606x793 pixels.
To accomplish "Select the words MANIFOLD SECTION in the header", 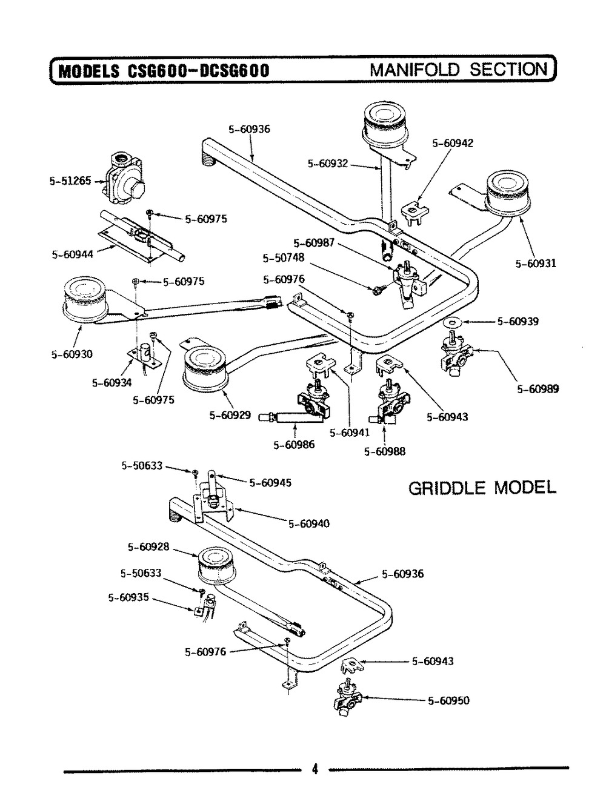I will [x=458, y=68].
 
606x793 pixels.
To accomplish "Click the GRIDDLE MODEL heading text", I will [x=482, y=488].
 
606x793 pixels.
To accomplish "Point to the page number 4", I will [x=315, y=770].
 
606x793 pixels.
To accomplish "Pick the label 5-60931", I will [x=536, y=264].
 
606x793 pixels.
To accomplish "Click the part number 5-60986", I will [x=294, y=445].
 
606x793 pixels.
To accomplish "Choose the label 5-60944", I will [x=72, y=254].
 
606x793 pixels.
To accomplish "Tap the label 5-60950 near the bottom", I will [x=448, y=701].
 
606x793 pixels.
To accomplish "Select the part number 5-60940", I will [x=309, y=523].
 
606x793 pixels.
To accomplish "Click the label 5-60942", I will [x=453, y=144].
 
